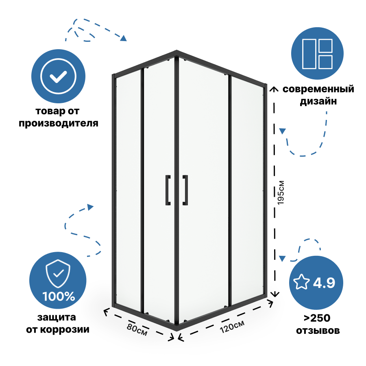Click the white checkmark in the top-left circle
pyautogui.click(x=59, y=76)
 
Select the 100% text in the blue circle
pyautogui.click(x=59, y=296)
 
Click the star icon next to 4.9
pyautogui.click(x=302, y=282)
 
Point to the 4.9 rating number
pyautogui.click(x=324, y=282)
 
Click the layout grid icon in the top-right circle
pyautogui.click(x=318, y=54)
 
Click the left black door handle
pyautogui.click(x=167, y=190)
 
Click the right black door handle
pyautogui.click(x=185, y=190)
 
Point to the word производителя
pyautogui.click(x=59, y=123)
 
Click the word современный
pyautogui.click(x=318, y=89)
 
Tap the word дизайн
pyautogui.click(x=318, y=102)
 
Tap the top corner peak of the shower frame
pyautogui.click(x=176, y=52)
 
